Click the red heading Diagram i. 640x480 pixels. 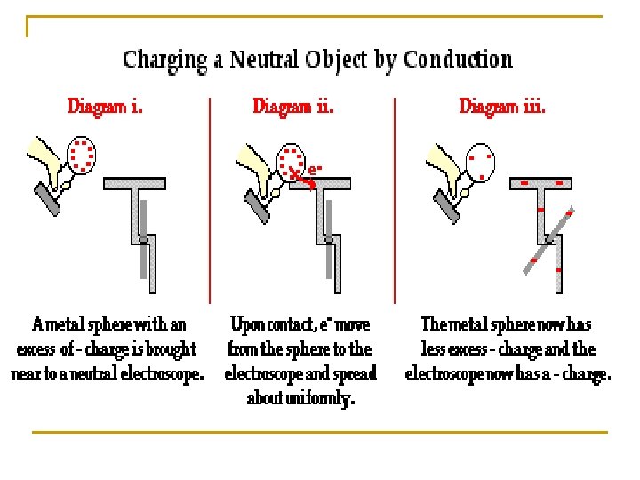(105, 107)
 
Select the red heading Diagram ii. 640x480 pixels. (293, 107)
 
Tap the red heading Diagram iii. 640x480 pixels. (502, 107)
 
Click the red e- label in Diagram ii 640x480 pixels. (316, 167)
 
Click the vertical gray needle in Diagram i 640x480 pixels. (145, 253)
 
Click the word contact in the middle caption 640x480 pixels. (293, 324)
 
